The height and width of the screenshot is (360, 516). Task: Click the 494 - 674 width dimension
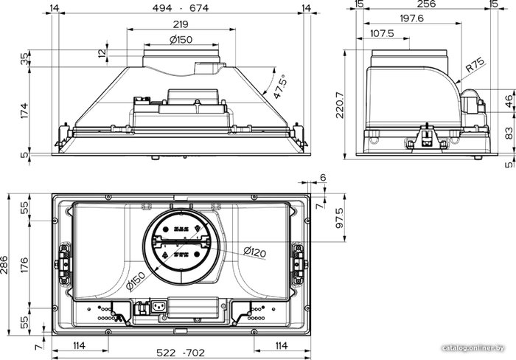coord(181,7)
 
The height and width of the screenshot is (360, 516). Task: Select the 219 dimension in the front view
coord(181,24)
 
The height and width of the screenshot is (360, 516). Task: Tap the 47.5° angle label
coord(280,86)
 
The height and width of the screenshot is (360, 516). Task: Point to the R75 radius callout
coord(475,65)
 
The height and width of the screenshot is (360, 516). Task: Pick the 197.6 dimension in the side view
coord(411,18)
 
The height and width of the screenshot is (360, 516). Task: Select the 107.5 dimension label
coord(382,33)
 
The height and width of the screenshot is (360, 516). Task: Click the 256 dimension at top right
coord(427,4)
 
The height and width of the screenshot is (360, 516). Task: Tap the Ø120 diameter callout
coord(255,252)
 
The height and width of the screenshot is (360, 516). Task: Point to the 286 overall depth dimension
coord(4,265)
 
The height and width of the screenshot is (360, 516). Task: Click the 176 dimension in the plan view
coord(24,265)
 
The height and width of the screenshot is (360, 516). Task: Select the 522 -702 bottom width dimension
coord(181,353)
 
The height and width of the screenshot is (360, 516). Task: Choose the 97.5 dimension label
coord(340,218)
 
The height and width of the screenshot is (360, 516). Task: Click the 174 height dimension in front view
coord(24,111)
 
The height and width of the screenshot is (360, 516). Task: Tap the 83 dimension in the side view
coord(509,134)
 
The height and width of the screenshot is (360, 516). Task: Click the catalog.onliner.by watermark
coord(473,348)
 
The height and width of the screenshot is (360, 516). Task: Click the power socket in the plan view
coord(158,308)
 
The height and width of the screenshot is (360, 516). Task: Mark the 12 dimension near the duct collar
coord(102,52)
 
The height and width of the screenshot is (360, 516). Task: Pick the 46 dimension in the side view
coord(509,101)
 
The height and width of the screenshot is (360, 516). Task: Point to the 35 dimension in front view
coord(24,59)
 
